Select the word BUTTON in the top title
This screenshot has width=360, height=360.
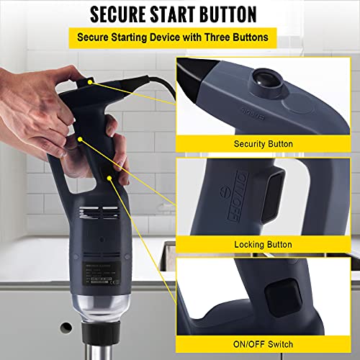pyautogui.click(x=238, y=14)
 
